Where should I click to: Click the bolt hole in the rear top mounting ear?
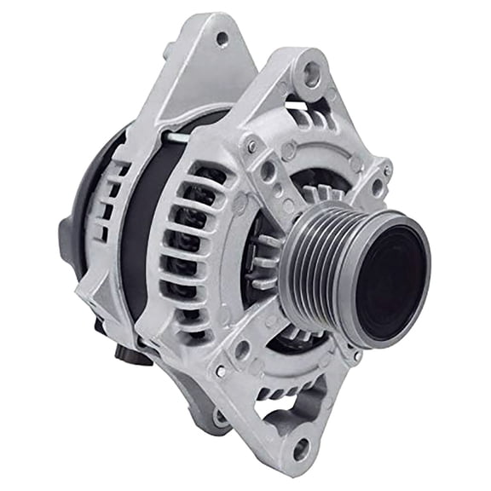222,38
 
